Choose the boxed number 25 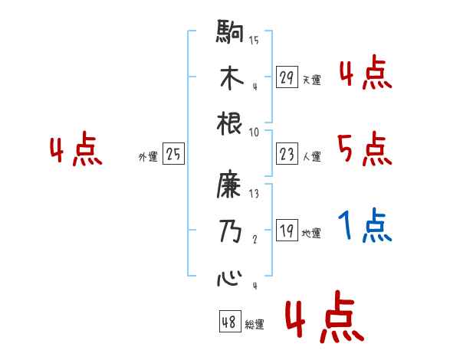(173, 155)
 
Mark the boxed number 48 (229, 322)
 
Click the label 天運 (311, 80)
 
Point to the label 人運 (311, 157)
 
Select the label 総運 (254, 325)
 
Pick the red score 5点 (365, 149)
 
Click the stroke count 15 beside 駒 (254, 40)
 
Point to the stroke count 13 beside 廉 (254, 194)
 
